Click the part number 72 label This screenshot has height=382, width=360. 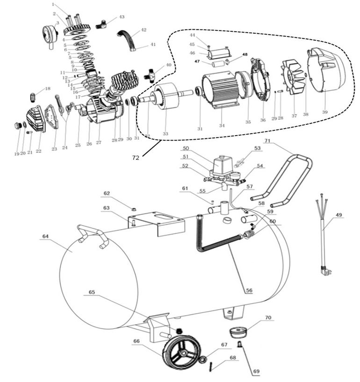pos(135,158)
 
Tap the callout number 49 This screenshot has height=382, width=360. pos(338,215)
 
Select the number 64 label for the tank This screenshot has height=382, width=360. pos(45,236)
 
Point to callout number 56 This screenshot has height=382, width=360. pos(249,290)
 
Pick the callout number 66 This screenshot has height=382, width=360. pos(136,341)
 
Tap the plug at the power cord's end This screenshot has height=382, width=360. pos(323,270)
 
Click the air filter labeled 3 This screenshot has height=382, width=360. pos(49,33)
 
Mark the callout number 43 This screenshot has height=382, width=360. pos(122,17)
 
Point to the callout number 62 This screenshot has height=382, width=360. pos(107,193)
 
